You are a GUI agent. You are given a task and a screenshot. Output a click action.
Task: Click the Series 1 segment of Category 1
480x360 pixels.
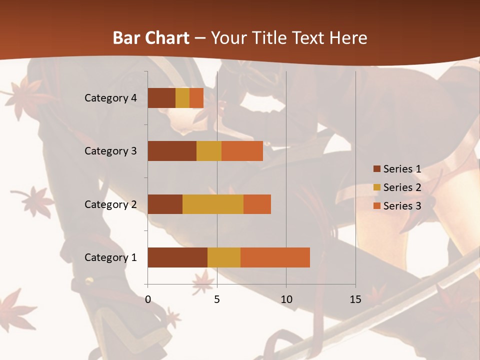click(x=177, y=257)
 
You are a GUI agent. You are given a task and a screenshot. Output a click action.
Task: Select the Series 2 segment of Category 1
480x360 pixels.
click(x=224, y=257)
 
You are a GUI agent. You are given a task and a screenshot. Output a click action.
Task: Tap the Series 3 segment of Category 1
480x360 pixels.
click(x=275, y=257)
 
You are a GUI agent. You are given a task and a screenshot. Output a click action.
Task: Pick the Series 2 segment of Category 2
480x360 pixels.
click(x=213, y=204)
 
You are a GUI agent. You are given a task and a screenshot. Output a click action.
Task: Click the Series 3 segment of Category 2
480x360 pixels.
click(x=257, y=204)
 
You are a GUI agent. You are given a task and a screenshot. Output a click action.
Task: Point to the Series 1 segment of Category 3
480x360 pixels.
click(x=172, y=151)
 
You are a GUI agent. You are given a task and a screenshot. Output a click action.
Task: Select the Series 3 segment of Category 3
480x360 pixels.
click(x=242, y=151)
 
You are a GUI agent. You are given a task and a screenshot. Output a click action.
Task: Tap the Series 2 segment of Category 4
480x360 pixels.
click(x=182, y=98)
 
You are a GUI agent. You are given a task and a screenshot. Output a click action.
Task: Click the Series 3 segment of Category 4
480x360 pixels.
click(x=196, y=98)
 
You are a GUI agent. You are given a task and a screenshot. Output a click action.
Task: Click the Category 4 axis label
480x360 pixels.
click(x=110, y=98)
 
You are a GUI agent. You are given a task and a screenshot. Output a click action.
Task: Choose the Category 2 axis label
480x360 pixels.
click(x=110, y=204)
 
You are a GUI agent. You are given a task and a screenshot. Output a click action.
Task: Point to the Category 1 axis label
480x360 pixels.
click(x=110, y=257)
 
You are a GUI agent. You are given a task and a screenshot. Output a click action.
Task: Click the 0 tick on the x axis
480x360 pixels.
click(x=148, y=299)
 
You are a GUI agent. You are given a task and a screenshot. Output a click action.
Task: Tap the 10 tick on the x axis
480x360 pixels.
click(x=286, y=299)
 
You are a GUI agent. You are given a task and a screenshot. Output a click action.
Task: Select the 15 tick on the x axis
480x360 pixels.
click(x=355, y=299)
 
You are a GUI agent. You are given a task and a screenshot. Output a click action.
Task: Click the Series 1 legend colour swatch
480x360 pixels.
click(x=376, y=169)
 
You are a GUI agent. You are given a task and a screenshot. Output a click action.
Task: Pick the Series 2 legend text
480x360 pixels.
click(x=402, y=187)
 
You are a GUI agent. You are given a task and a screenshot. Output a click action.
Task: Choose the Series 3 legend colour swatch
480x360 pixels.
click(x=376, y=206)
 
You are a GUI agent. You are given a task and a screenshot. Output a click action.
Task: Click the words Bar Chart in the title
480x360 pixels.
click(x=151, y=38)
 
